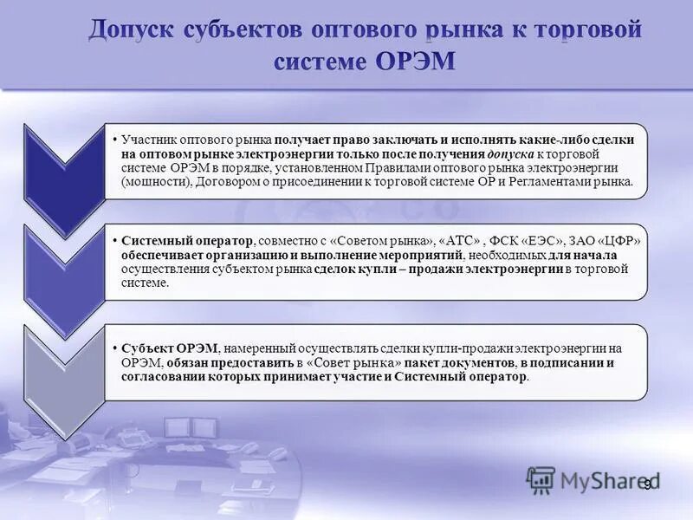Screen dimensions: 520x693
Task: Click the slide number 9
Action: point(647,484)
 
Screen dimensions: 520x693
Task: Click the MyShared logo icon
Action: point(541,479)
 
